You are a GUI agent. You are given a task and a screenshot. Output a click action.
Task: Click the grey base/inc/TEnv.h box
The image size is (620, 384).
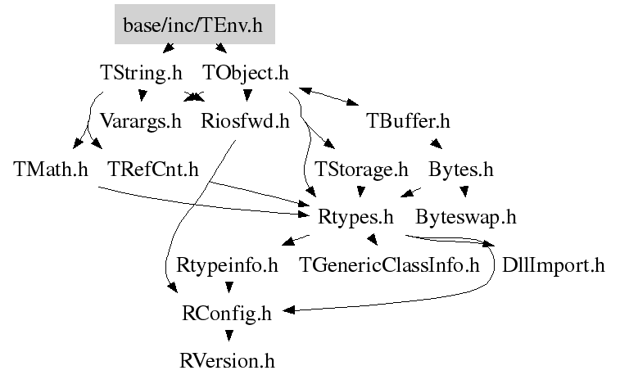[x=194, y=25]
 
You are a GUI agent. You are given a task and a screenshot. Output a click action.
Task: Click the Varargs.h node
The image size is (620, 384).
[x=140, y=122]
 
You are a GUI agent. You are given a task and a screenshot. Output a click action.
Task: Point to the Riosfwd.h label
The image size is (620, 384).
[x=246, y=122]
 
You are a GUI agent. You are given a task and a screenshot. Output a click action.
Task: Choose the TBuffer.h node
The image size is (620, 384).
[x=408, y=122]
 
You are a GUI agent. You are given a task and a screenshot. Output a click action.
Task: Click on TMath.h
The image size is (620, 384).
[x=51, y=170]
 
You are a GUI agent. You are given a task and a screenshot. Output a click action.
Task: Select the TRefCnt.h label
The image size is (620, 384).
[x=153, y=170]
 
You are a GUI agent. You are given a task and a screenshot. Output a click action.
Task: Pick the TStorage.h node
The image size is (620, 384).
[x=361, y=170]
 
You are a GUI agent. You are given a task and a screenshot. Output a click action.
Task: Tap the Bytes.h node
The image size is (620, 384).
[x=461, y=170]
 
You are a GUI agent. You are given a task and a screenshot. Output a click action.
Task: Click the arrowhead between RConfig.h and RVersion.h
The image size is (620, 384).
[x=228, y=336]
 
